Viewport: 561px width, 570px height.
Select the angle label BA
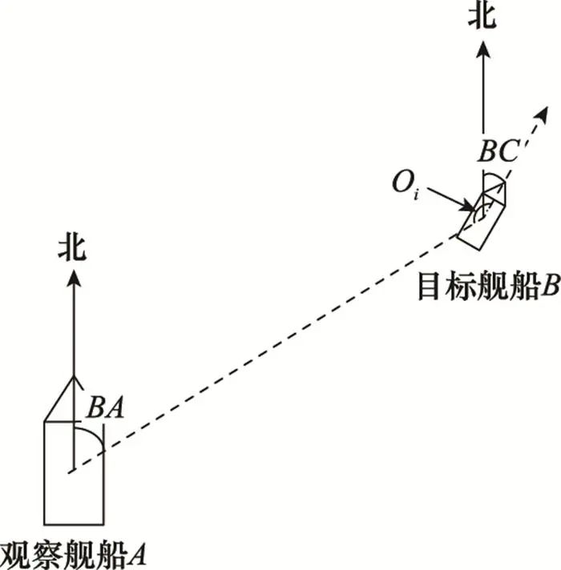pyautogui.click(x=105, y=407)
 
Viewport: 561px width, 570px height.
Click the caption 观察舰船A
pyautogui.click(x=74, y=552)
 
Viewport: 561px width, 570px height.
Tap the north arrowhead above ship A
pyautogui.click(x=74, y=278)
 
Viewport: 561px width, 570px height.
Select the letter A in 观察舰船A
pyautogui.click(x=138, y=552)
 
